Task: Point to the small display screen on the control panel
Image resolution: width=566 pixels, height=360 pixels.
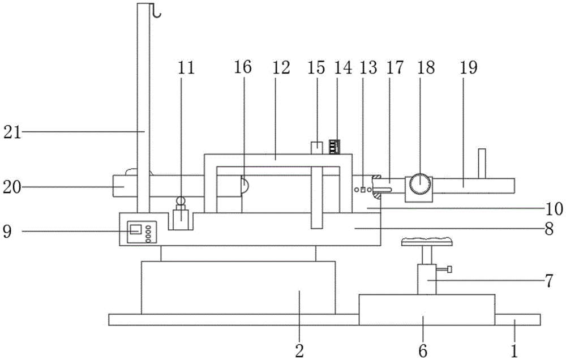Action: [136, 229]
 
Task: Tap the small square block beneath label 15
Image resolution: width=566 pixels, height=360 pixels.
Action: [318, 147]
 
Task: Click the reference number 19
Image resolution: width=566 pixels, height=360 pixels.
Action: [469, 68]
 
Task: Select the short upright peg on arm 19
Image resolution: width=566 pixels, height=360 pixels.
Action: [482, 163]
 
